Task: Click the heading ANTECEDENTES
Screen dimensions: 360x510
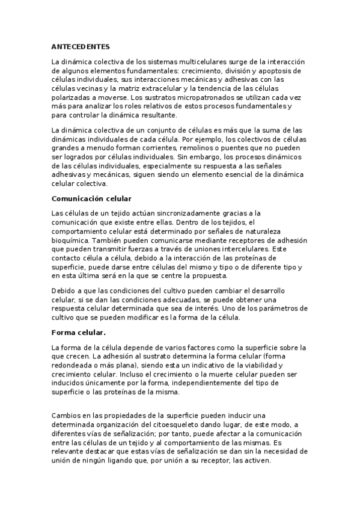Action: click(x=81, y=46)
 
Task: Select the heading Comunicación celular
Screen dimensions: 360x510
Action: click(x=91, y=198)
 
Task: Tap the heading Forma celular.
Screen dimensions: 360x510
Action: click(x=79, y=332)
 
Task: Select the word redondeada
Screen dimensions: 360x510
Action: click(x=75, y=365)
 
